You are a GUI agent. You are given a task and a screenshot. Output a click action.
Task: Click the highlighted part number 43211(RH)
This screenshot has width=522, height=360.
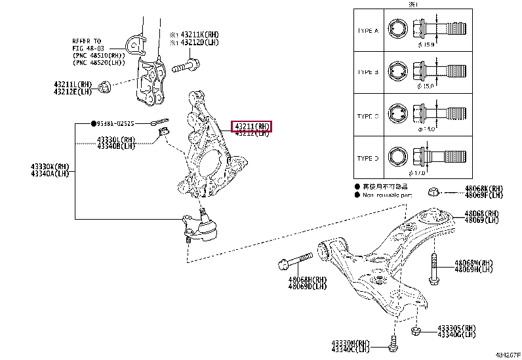(251, 126)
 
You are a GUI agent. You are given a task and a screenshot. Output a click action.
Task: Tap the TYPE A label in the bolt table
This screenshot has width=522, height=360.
(367, 31)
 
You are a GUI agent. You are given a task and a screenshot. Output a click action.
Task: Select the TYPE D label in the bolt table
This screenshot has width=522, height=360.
(367, 158)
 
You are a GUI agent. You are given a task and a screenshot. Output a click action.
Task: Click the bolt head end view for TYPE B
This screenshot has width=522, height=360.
(397, 71)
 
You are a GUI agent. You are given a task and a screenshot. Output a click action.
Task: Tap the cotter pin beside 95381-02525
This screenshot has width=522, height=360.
(159, 122)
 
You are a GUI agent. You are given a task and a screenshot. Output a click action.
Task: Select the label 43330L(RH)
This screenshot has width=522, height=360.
(116, 139)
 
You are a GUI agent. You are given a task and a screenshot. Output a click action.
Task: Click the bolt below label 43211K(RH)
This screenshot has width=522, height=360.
(186, 66)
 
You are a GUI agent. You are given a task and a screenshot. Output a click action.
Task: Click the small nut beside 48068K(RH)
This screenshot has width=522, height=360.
(433, 192)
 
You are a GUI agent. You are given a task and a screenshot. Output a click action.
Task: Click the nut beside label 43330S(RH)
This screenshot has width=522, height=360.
(415, 330)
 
